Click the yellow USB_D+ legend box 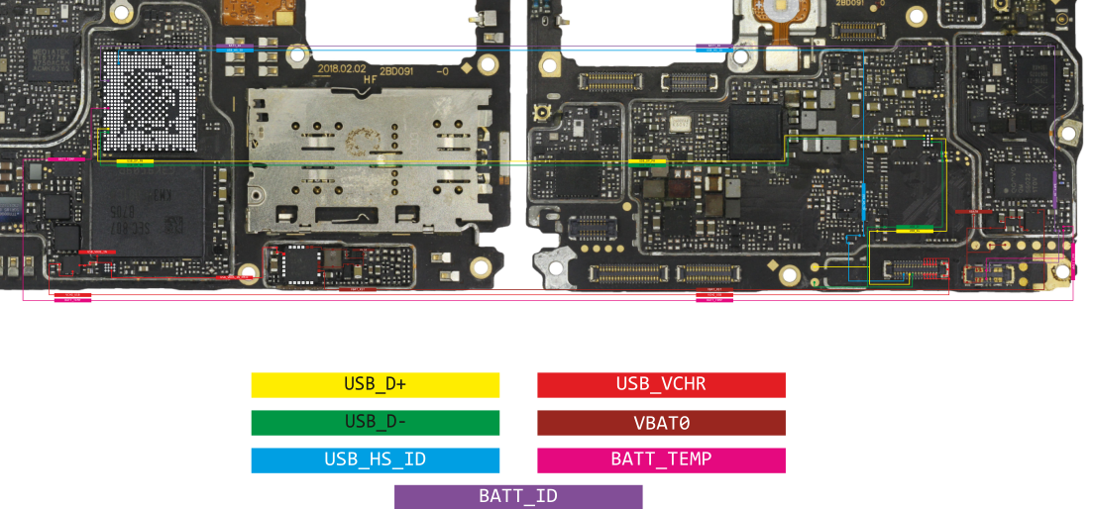(x=375, y=384)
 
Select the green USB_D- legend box (x=375, y=423)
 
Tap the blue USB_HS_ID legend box (x=375, y=460)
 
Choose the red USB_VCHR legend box (x=661, y=384)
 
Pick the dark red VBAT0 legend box (x=661, y=423)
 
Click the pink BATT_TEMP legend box (x=661, y=460)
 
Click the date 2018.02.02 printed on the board (x=342, y=68)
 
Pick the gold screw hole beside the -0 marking (x=488, y=66)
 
